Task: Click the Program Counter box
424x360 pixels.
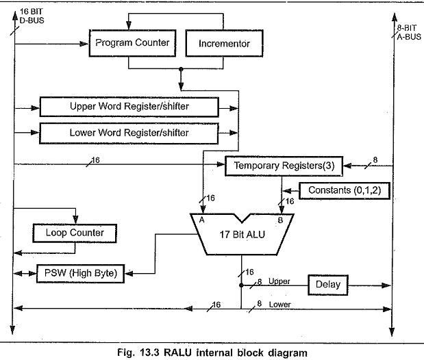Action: (x=132, y=43)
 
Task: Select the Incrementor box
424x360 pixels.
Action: (x=225, y=43)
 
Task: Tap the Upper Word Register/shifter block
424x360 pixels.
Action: (x=129, y=107)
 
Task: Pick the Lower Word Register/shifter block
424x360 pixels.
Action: (x=129, y=132)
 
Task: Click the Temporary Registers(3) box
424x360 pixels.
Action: (x=284, y=166)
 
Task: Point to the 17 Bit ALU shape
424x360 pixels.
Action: (x=242, y=235)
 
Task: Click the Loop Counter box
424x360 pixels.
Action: (x=75, y=233)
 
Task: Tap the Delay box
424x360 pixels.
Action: (x=328, y=284)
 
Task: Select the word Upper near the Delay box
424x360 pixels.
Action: (x=279, y=281)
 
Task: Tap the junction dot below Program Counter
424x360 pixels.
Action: (x=180, y=69)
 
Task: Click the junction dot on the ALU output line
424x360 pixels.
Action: (x=241, y=285)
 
